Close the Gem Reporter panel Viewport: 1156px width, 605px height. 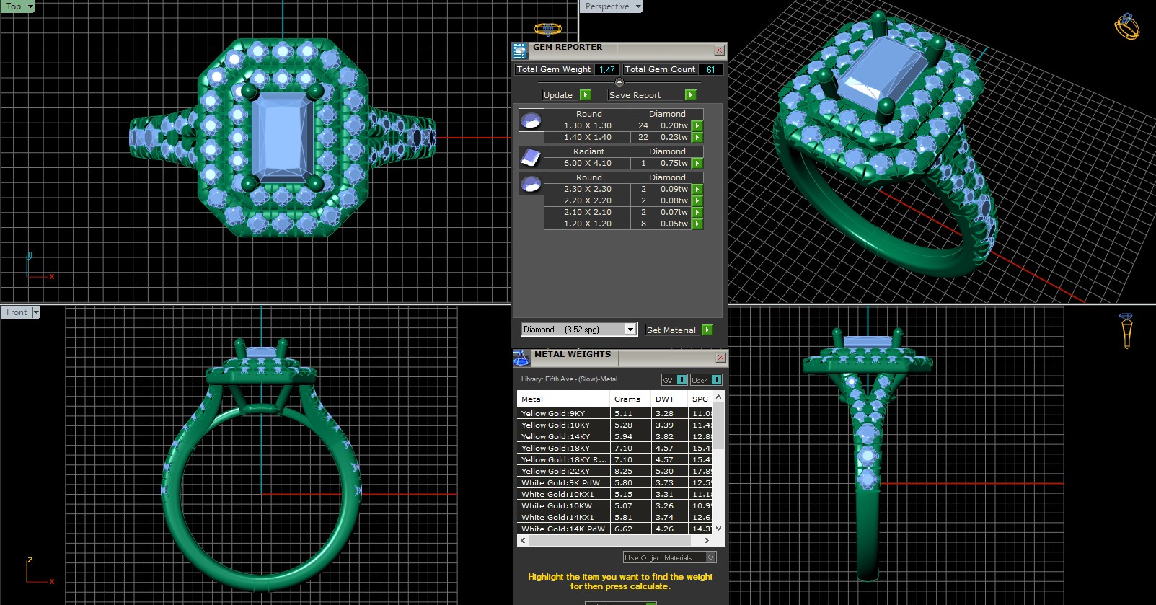719,50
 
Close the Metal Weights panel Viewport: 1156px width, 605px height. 720,358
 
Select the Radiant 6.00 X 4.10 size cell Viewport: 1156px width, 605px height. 587,163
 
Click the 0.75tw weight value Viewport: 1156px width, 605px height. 674,163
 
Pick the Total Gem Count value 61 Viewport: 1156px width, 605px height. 710,70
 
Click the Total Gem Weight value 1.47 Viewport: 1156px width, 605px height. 606,70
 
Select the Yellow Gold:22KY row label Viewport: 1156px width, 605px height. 555,471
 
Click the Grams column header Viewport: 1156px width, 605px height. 627,399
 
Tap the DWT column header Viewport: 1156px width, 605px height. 664,399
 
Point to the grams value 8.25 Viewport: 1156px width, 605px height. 623,471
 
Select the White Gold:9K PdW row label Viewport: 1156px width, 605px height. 560,482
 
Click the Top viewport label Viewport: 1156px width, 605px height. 14,6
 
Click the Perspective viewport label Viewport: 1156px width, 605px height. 606,6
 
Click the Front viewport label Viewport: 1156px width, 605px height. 17,312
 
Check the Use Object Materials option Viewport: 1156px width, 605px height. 710,557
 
